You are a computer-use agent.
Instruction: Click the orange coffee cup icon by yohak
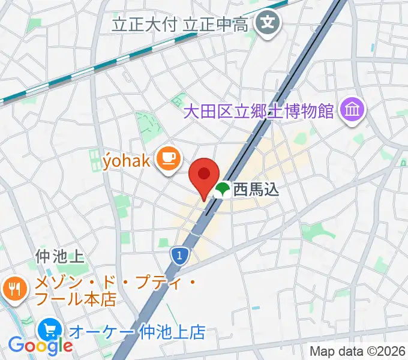coord(166,158)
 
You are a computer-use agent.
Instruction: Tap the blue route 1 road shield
coord(179,256)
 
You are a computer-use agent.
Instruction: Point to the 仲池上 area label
coord(59,257)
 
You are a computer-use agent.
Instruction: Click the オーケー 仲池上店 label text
coord(137,331)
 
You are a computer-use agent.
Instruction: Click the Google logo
coord(40,346)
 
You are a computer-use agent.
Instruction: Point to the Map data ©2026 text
coord(358,350)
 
